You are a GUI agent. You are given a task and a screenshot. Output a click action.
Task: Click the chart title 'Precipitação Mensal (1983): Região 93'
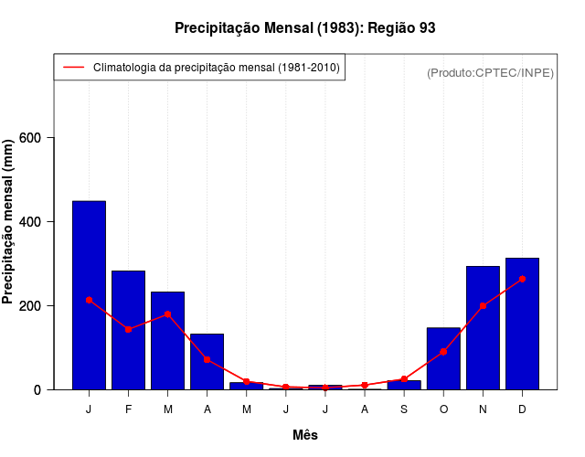304,28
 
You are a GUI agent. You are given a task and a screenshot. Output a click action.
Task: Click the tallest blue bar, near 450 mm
89,294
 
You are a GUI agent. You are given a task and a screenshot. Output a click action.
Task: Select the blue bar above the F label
128,330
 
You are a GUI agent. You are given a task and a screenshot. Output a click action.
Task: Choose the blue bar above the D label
522,324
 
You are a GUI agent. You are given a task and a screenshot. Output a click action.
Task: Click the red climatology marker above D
522,279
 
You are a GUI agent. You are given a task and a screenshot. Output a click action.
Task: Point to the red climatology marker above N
483,305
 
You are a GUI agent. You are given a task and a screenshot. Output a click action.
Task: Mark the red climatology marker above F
128,329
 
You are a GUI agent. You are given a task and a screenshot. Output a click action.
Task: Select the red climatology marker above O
443,351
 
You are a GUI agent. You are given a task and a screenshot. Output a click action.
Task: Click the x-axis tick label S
404,409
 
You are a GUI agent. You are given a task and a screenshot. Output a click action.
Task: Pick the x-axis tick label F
128,409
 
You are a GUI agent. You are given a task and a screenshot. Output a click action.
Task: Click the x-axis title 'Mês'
304,435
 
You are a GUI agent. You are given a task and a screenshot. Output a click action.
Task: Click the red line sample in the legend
73,68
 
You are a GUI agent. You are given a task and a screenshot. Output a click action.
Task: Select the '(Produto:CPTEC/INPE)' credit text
490,72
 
